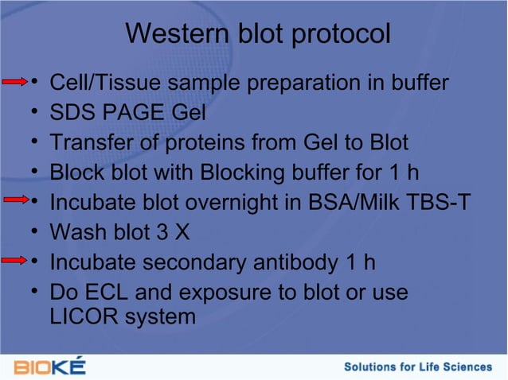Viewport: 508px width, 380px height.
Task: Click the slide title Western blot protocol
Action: pyautogui.click(x=258, y=34)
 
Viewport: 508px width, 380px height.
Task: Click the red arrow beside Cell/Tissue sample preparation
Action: pyautogui.click(x=16, y=81)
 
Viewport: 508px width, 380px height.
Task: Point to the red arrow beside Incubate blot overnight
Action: pyautogui.click(x=16, y=201)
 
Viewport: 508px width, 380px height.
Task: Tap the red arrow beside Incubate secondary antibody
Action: pyautogui.click(x=16, y=261)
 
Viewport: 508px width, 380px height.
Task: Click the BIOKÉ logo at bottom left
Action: pyautogui.click(x=49, y=366)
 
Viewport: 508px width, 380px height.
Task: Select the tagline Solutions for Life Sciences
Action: pyautogui.click(x=417, y=366)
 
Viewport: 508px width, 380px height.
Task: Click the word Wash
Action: pyautogui.click(x=76, y=232)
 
